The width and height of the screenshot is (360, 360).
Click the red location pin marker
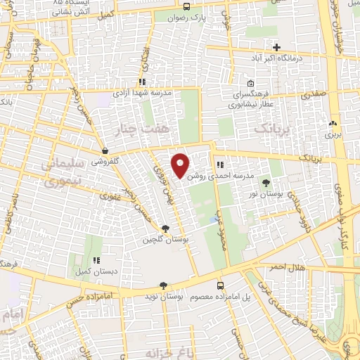(181, 165)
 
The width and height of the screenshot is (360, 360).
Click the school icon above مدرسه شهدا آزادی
(143, 82)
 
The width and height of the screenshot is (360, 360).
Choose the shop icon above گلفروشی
(105, 150)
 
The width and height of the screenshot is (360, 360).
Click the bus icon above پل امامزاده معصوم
(221, 285)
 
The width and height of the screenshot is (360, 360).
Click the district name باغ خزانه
(169, 349)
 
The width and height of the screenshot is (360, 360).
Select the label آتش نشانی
(71, 13)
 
